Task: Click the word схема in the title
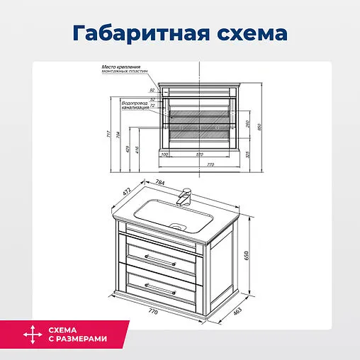(247, 33)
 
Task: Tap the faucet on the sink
(187, 196)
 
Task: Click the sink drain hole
(179, 227)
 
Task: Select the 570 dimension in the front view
(199, 154)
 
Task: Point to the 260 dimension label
(247, 123)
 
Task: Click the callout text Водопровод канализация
(135, 104)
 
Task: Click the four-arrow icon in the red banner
(32, 334)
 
